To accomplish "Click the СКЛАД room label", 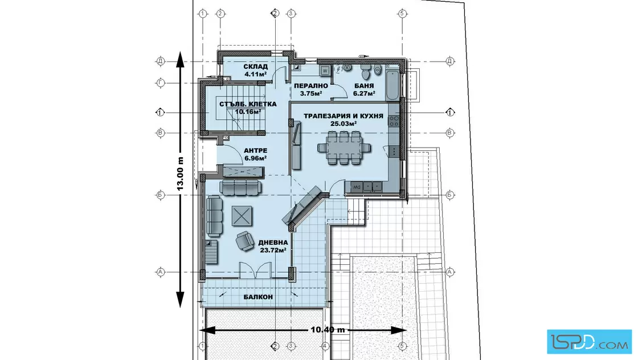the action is (x=256, y=66).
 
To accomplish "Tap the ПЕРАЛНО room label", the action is (x=311, y=86).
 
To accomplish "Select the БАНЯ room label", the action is (x=364, y=86).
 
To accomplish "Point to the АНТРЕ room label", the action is (x=256, y=150).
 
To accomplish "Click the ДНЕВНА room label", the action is (x=273, y=243).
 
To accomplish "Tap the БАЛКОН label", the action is (x=258, y=297).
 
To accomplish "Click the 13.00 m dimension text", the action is (x=180, y=174).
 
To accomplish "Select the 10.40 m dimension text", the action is (x=328, y=329).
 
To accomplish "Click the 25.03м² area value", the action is (x=343, y=123).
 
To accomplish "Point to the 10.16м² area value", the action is (x=248, y=112).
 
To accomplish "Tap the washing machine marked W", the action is (x=325, y=71).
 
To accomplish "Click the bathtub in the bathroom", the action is (x=392, y=85).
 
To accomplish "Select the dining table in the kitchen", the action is (x=344, y=148).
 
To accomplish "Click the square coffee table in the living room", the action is (x=242, y=215).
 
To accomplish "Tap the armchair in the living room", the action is (x=245, y=241).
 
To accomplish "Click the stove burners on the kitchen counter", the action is (x=394, y=121).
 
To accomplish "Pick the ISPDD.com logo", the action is (x=589, y=342).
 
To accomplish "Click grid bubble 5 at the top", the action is (x=402, y=14).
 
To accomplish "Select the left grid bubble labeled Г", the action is (x=160, y=83).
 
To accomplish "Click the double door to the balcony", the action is (x=255, y=269).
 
